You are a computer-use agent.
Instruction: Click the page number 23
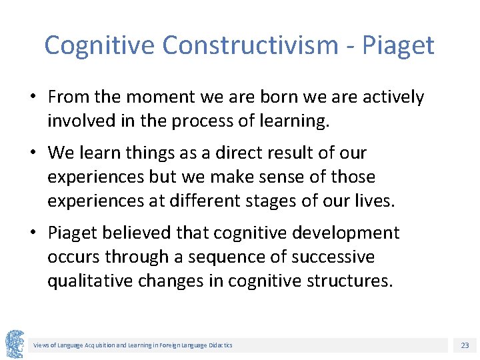pyautogui.click(x=465, y=345)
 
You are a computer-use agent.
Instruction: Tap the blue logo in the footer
pyautogui.click(x=15, y=344)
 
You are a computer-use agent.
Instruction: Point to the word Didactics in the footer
pyautogui.click(x=219, y=345)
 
